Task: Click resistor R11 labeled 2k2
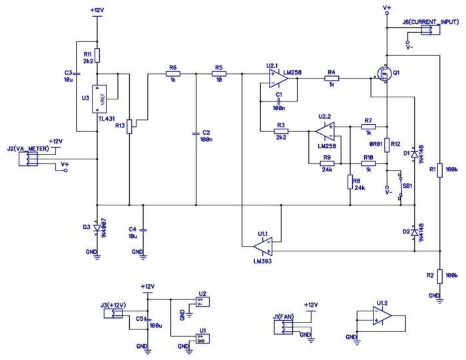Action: pyautogui.click(x=97, y=55)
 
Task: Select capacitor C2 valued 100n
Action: pyautogui.click(x=196, y=133)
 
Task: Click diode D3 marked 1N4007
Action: pyautogui.click(x=97, y=228)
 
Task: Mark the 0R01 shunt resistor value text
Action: pyautogui.click(x=375, y=143)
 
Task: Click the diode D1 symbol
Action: pyautogui.click(x=414, y=154)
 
